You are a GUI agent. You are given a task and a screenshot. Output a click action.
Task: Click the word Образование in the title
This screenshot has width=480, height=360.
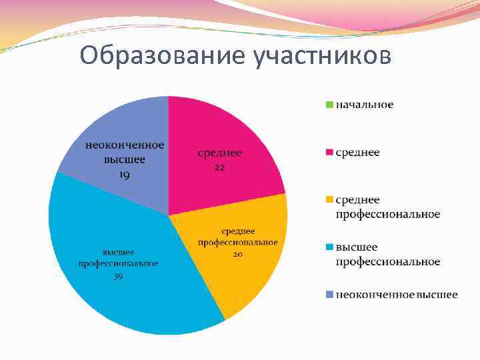coord(163,56)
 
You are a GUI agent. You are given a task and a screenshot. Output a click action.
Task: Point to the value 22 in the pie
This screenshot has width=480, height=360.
coord(219,167)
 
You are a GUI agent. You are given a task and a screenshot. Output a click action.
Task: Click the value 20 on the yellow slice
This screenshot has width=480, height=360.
coord(237,254)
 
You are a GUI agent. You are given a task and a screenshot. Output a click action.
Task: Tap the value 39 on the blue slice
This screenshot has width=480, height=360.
coord(118,275)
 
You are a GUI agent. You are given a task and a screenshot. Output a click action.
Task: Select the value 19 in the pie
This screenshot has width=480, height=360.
coord(124,174)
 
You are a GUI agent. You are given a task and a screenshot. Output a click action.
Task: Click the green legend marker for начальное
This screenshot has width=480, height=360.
coord(328,105)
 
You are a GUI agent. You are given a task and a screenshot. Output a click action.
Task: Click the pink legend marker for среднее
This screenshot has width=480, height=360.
coord(328,153)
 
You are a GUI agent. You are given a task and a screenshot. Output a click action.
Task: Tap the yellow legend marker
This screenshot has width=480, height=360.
coord(328,200)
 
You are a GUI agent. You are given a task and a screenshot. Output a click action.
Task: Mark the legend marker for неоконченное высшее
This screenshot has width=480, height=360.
coord(328,295)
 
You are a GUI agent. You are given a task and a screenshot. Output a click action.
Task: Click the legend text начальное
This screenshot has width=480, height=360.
coord(364,105)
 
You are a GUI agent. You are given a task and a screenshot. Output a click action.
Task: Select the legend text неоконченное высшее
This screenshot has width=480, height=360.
coord(396,295)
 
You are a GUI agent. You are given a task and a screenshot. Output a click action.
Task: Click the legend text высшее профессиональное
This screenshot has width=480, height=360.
coord(387,254)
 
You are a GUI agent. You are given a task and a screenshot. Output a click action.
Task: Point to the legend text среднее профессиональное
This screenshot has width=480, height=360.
coord(387,207)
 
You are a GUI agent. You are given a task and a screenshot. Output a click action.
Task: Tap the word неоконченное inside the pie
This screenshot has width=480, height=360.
coord(124,145)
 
